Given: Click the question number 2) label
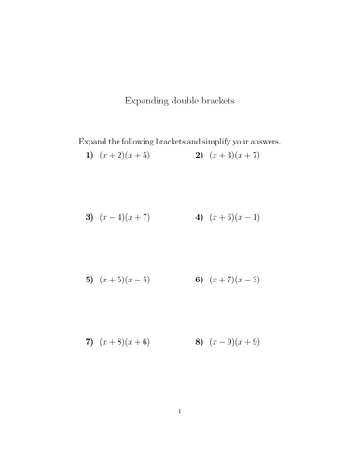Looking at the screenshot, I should coord(200,155).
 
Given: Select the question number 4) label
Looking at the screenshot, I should coord(200,217).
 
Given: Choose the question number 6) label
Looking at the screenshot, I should coord(200,280).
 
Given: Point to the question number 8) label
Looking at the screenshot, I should coord(200,342).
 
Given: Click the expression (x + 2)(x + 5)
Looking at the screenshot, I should coord(124,155).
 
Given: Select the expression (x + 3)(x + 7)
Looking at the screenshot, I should coord(234,155).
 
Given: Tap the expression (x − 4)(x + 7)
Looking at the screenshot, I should coord(124,217).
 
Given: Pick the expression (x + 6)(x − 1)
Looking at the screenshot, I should coord(234,217).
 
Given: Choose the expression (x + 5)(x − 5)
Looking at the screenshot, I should coord(124,280).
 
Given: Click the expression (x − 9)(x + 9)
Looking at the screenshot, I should coord(234,342).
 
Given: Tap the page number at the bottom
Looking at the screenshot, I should coord(180,411).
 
